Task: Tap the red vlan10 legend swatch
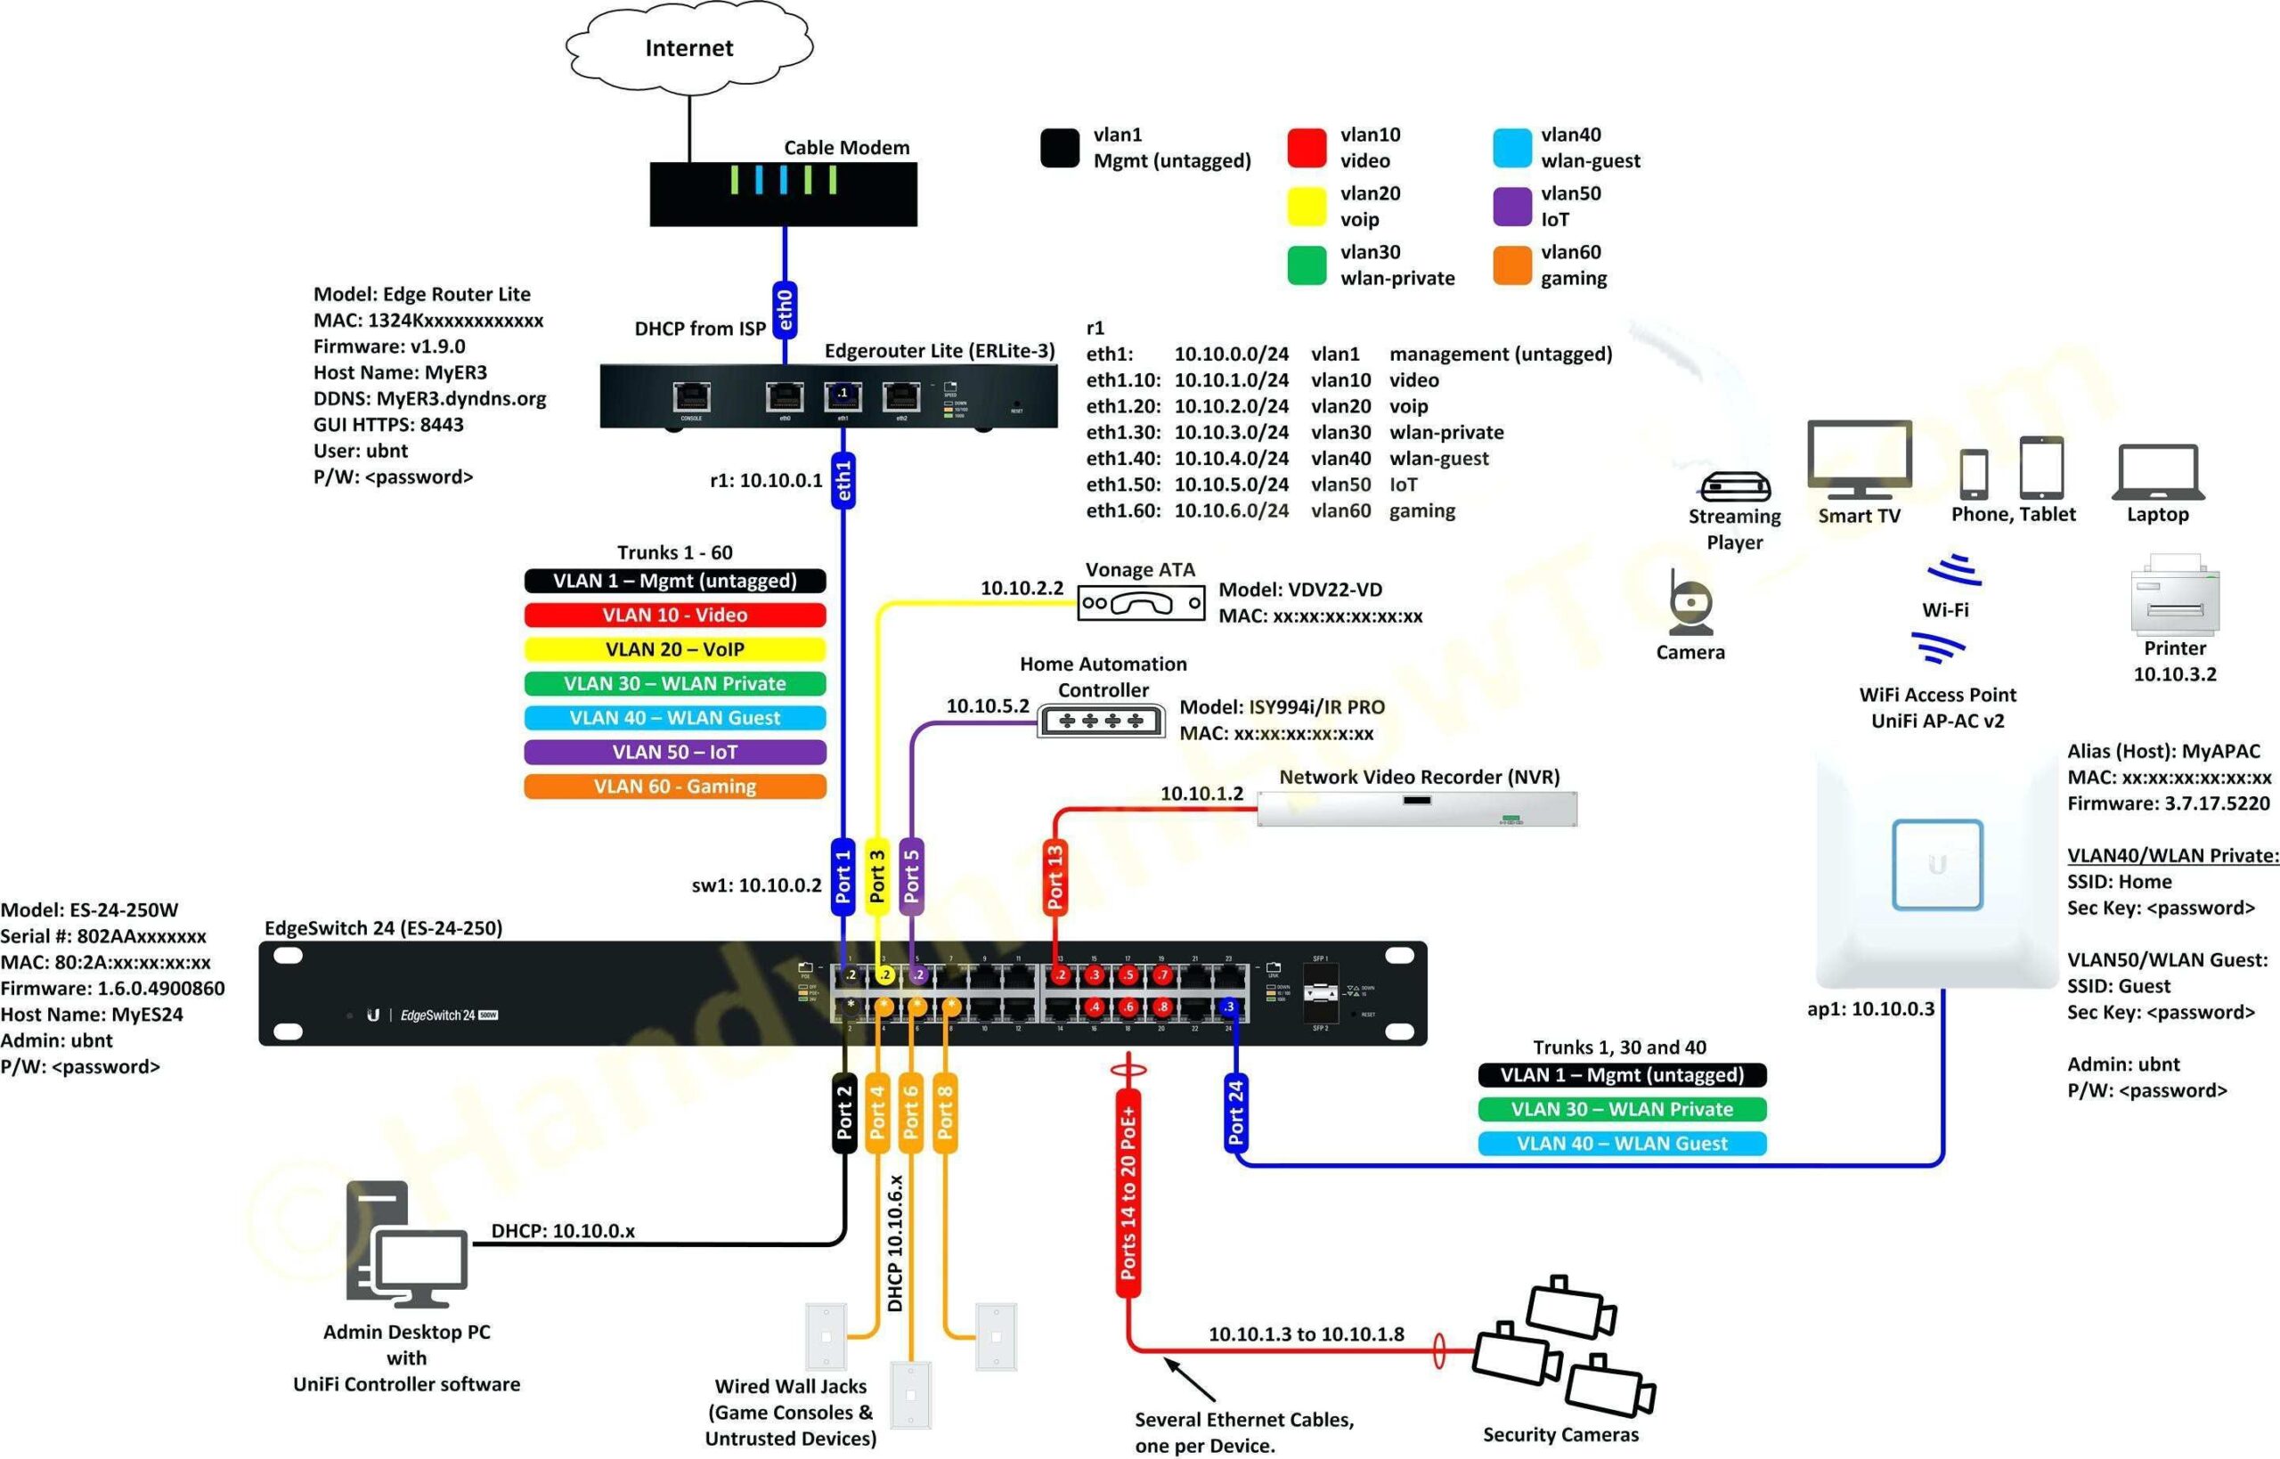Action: [1307, 148]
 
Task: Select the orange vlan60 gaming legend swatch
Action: [1511, 265]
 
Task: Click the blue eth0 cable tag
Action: [785, 309]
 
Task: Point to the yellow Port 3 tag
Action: [877, 876]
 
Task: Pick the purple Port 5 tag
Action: [911, 876]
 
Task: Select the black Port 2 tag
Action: [844, 1113]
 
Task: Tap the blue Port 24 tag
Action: [1235, 1113]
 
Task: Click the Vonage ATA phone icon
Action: [1141, 602]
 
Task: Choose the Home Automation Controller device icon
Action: [1101, 721]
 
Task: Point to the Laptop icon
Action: [2158, 473]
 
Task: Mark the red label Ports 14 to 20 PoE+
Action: [1128, 1192]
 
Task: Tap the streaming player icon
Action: [1734, 486]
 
